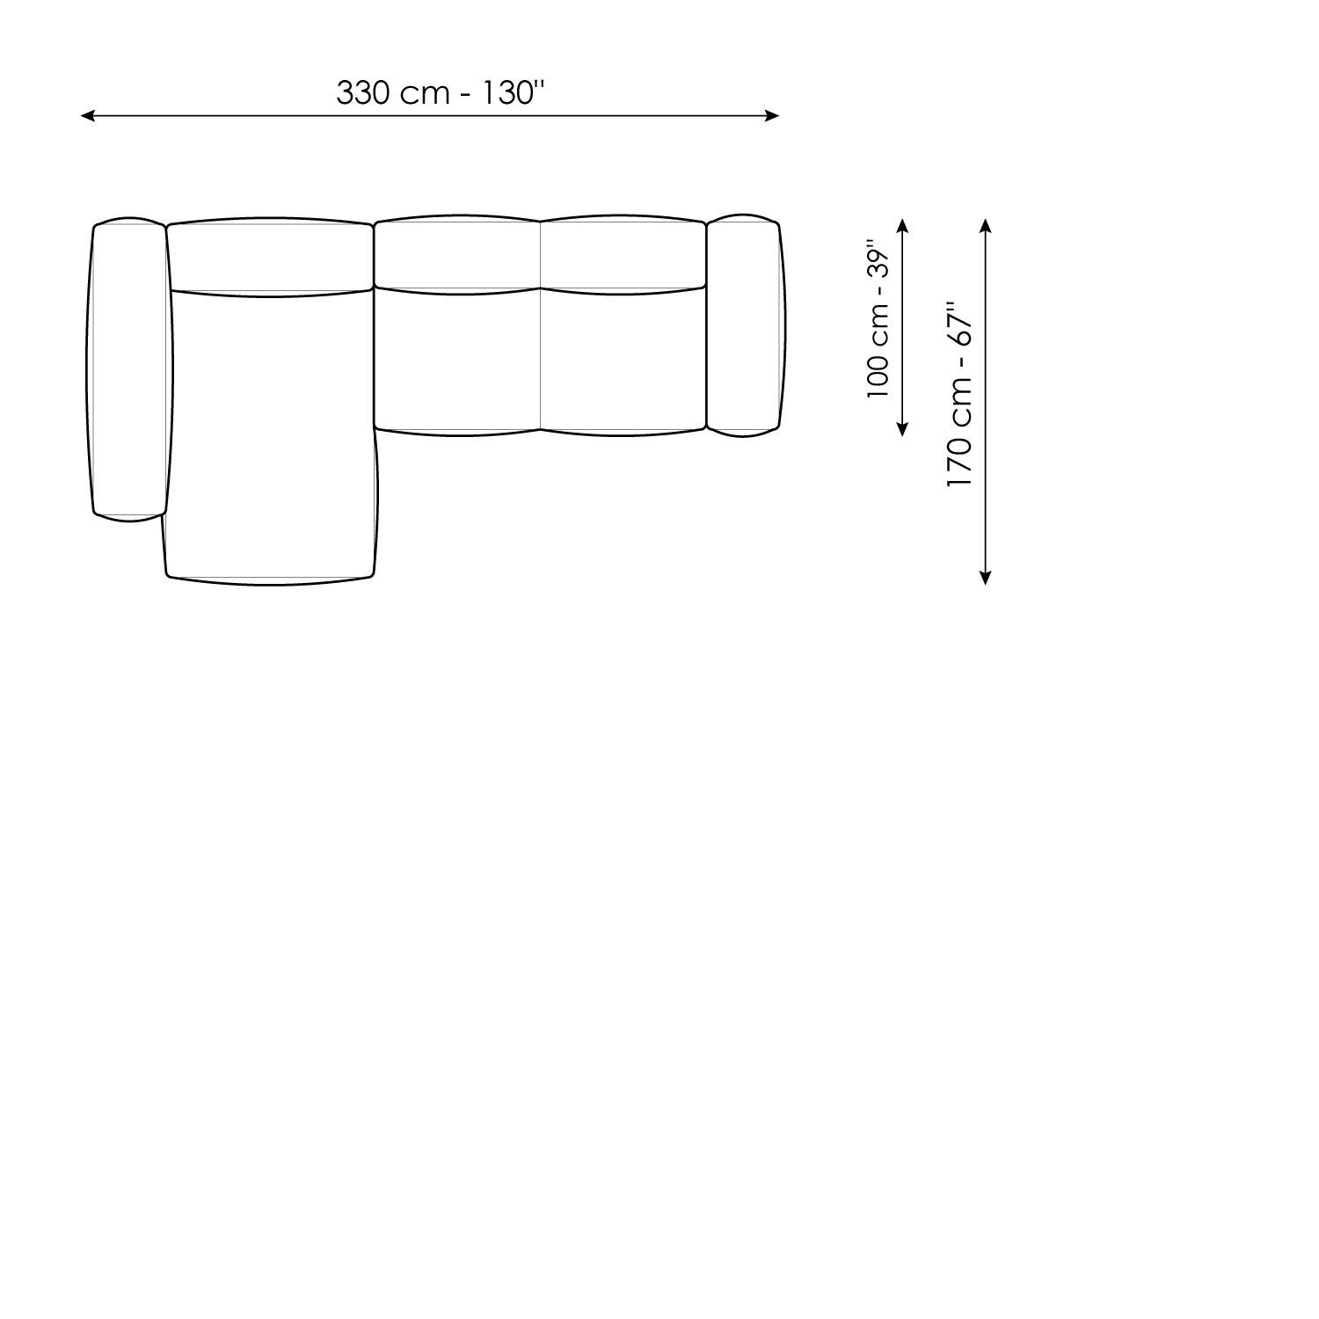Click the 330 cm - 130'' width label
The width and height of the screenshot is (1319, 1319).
click(441, 92)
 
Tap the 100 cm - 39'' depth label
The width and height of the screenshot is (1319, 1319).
click(878, 318)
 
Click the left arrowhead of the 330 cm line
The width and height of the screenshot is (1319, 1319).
click(87, 115)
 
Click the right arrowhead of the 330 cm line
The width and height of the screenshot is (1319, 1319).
click(772, 115)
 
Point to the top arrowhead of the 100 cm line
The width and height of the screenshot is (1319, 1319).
click(902, 225)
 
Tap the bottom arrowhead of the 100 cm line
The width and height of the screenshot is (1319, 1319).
click(902, 429)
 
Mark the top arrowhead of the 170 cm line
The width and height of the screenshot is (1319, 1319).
click(986, 225)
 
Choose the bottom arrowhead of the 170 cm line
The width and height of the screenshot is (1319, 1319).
click(986, 577)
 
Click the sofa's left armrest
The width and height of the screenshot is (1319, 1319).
click(129, 369)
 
